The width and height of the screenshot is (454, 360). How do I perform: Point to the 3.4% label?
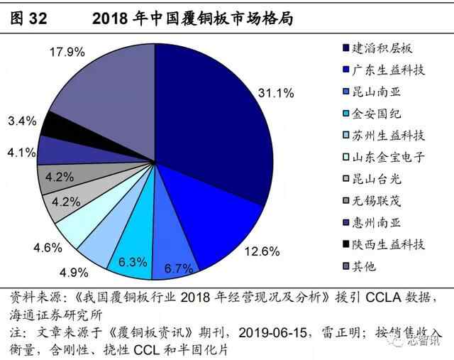pos(21,121)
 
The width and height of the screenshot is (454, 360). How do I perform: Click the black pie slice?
pos(54,126)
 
